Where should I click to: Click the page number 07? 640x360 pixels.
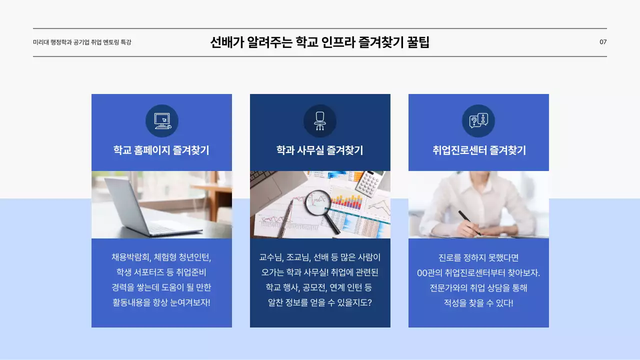(x=603, y=42)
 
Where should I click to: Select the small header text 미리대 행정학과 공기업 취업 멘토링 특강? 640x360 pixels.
(x=82, y=42)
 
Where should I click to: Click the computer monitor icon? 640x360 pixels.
(x=162, y=121)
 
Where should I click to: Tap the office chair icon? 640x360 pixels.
(x=320, y=121)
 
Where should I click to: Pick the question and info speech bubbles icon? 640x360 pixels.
(x=478, y=120)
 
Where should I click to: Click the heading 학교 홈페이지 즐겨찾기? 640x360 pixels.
(x=161, y=150)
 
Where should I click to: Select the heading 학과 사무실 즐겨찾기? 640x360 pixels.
(x=320, y=150)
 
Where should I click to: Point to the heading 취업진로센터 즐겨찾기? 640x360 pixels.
(x=479, y=150)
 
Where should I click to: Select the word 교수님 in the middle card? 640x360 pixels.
(x=271, y=258)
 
